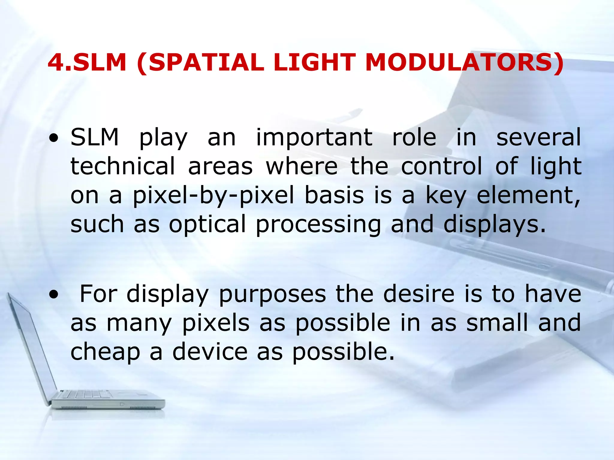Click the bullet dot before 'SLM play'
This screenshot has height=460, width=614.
click(54, 139)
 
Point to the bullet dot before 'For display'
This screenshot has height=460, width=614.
click(54, 295)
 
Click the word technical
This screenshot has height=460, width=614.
click(123, 166)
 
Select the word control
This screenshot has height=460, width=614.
click(442, 166)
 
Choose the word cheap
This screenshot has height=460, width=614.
click(105, 352)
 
